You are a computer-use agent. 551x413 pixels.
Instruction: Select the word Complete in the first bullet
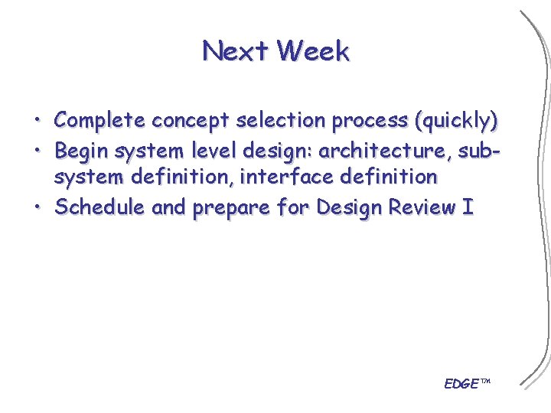[x=100, y=121]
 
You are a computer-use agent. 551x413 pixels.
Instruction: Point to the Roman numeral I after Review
[x=468, y=207]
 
